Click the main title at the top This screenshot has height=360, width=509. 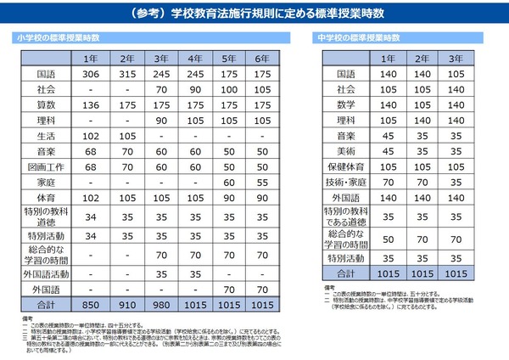pos(255,14)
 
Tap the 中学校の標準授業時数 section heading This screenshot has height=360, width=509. pos(359,38)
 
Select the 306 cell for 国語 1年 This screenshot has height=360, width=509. pos(89,74)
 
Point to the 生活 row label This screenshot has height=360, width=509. pos(46,135)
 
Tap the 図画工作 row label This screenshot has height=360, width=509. pos(46,166)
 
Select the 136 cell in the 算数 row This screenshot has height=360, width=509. pos(89,104)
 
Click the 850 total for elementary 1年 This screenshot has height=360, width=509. pos(89,303)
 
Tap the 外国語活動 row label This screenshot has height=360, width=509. pos(46,274)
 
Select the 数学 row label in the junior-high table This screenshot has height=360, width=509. pos(346,104)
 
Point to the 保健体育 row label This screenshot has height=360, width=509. pos(346,166)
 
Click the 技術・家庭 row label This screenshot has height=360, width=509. pos(346,182)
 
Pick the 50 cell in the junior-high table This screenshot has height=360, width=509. pos(388,239)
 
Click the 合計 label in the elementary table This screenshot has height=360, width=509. pos(46,303)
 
